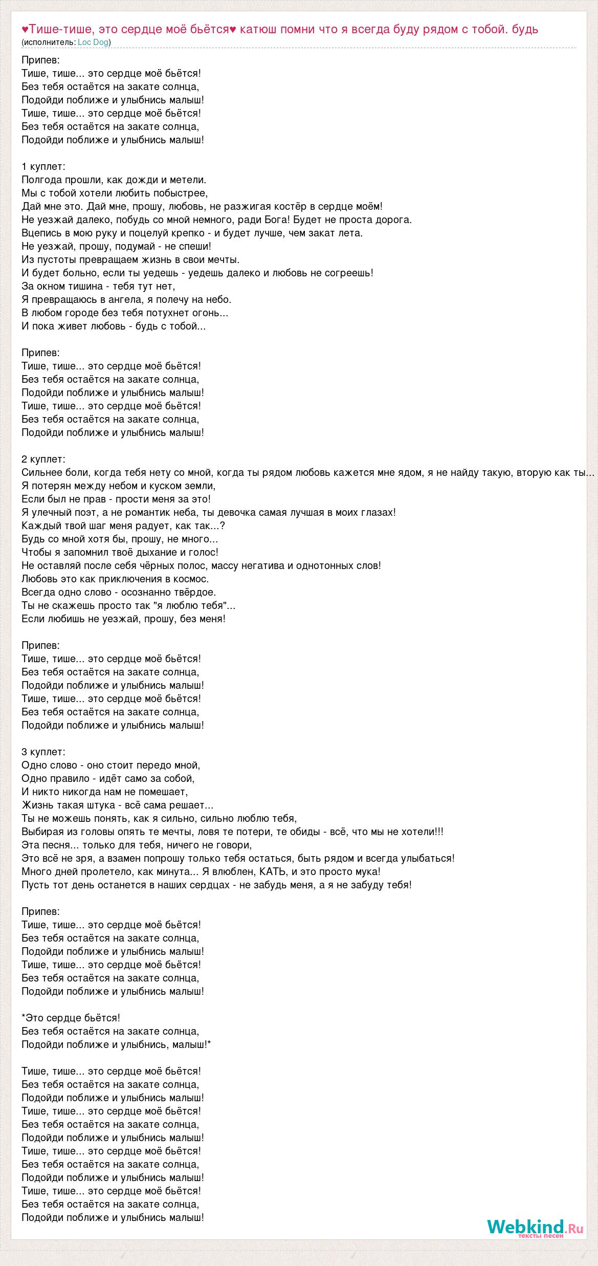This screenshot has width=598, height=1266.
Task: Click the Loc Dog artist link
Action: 93,42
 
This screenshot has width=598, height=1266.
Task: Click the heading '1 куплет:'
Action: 43,166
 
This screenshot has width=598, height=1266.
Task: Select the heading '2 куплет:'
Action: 43,459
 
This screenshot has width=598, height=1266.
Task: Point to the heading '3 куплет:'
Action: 43,752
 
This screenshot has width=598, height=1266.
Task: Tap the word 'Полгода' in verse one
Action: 42,180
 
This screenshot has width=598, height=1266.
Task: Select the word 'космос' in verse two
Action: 192,579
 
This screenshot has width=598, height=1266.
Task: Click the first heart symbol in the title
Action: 25,29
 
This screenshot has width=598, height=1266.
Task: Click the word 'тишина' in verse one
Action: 82,286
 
